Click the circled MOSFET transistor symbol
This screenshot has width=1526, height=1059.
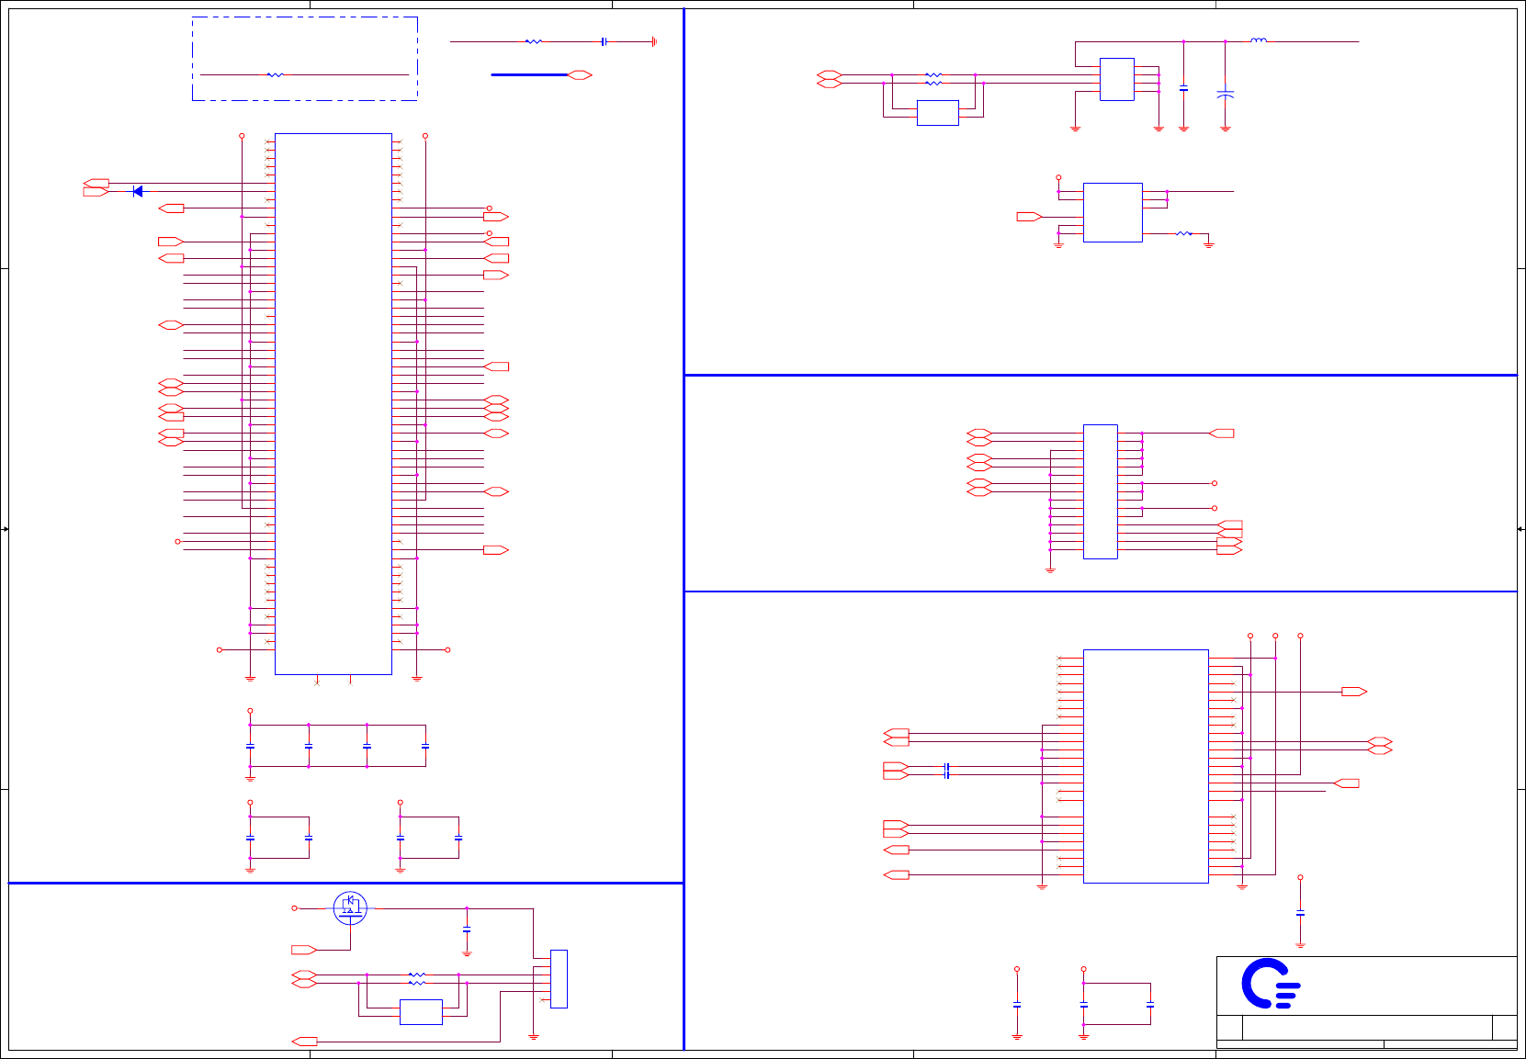tap(350, 907)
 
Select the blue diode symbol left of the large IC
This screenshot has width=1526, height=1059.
tap(138, 191)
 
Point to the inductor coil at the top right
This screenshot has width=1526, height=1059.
tap(1259, 40)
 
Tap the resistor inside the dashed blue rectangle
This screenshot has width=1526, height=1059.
tap(275, 74)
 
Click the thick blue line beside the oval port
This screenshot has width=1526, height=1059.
tap(529, 74)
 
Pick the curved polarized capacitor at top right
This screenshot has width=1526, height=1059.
tap(1225, 94)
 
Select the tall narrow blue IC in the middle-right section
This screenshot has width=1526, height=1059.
tap(1100, 491)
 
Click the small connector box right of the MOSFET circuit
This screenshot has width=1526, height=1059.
tap(559, 978)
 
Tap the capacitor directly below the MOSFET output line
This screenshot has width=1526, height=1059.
tap(467, 930)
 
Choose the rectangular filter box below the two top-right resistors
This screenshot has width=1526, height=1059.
tap(937, 113)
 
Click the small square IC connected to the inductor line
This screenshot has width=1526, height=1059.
tap(1116, 79)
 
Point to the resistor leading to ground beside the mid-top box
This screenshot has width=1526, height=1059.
tap(1184, 234)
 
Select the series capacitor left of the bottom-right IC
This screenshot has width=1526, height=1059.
tap(946, 771)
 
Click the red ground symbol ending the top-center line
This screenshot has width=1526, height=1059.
tap(653, 41)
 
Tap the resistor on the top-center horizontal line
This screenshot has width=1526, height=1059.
tap(534, 41)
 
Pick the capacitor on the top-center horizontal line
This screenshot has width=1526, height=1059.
tap(604, 41)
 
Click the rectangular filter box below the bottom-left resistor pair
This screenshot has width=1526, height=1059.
tap(421, 1011)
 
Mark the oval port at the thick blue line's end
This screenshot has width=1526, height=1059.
tap(580, 74)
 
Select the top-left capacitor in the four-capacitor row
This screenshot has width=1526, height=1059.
tap(250, 746)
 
